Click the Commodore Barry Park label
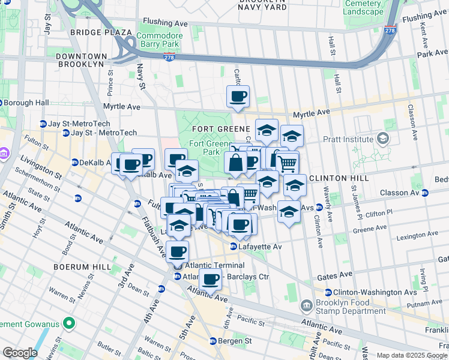(x=159, y=40)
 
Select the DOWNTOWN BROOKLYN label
(x=82, y=56)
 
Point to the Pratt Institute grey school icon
(x=382, y=139)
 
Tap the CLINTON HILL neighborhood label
(x=334, y=178)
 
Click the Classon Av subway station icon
(x=426, y=193)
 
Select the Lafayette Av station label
(x=255, y=247)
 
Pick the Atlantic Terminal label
(x=214, y=265)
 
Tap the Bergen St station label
(x=231, y=341)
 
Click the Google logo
(x=20, y=353)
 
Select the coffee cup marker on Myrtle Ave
(x=238, y=96)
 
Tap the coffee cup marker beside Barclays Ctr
(x=210, y=279)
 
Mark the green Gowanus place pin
(x=68, y=325)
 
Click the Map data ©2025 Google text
(x=411, y=355)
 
